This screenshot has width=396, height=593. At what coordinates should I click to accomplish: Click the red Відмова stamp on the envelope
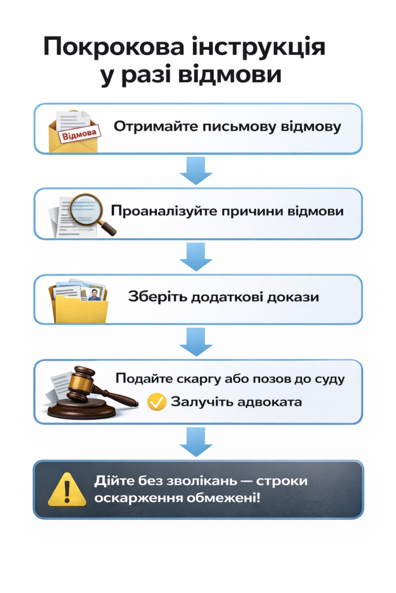[x=79, y=134]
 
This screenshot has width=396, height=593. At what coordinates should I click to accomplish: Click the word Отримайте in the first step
[x=155, y=127]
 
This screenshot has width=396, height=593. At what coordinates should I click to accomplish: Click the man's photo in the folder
[x=93, y=294]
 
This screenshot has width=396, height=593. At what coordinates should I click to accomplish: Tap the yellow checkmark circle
[x=157, y=402]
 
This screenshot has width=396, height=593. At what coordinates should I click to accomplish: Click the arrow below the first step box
[x=196, y=171]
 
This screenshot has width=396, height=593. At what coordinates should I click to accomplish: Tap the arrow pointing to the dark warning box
[x=196, y=442]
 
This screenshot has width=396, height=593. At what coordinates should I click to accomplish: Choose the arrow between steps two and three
[x=196, y=257]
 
